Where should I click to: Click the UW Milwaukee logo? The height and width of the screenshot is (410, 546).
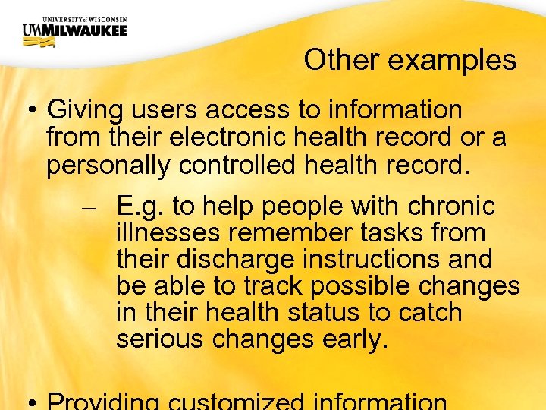click(x=74, y=30)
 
